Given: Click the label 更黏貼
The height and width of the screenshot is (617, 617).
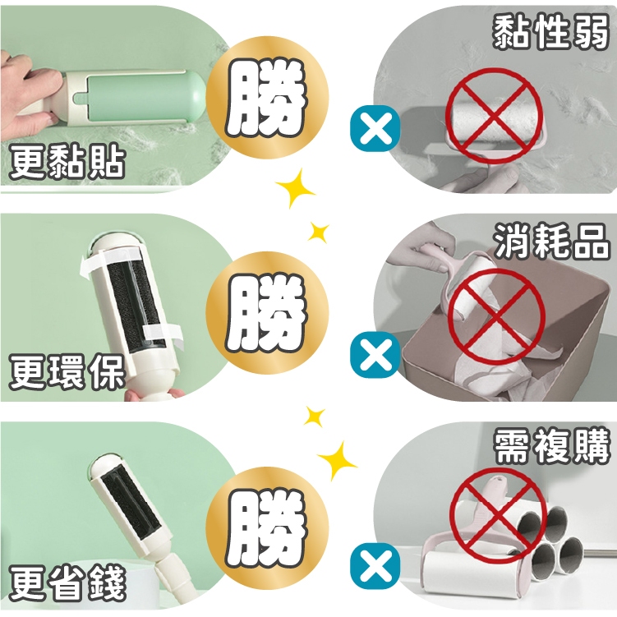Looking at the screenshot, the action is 67,162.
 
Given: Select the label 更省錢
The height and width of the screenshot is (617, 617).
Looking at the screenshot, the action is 67,582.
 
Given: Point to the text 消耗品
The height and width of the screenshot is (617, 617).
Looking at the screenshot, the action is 552,242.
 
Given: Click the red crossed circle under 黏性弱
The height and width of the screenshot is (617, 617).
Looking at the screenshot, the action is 495,116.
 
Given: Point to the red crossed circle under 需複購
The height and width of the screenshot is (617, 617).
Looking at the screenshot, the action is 498,515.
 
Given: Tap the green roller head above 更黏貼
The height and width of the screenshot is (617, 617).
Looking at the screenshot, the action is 145,98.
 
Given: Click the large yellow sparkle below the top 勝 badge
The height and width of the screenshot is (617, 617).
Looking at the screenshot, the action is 295,188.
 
